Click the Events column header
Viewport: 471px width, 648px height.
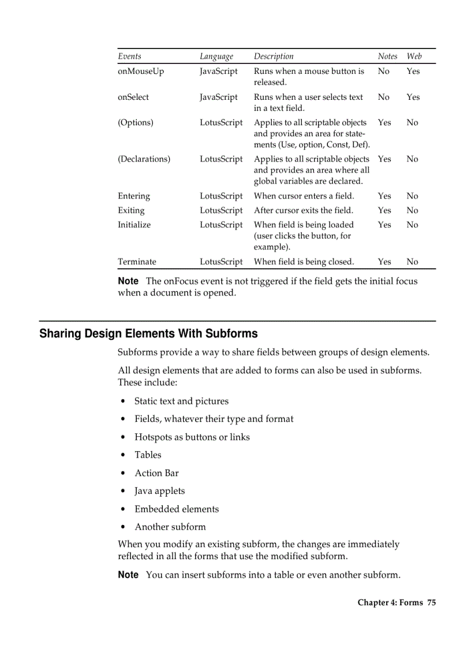click(129, 57)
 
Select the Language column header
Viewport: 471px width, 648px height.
click(216, 57)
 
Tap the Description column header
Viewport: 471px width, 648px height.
click(274, 57)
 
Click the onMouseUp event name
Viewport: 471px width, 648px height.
click(141, 72)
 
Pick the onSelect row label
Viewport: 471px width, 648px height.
click(133, 98)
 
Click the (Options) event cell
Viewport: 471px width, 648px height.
click(136, 123)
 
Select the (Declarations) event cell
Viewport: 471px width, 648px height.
click(144, 159)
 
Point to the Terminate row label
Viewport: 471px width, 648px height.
click(137, 262)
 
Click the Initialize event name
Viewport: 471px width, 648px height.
click(134, 225)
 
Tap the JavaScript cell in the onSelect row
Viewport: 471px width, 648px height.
click(219, 98)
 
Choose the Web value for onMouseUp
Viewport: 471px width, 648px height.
click(413, 72)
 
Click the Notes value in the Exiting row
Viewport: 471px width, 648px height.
click(384, 211)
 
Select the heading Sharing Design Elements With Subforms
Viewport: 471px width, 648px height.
click(148, 334)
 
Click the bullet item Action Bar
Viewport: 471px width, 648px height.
click(156, 473)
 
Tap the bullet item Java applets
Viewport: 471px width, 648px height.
click(160, 491)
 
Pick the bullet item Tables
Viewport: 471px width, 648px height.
click(148, 455)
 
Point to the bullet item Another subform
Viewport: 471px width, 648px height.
click(170, 527)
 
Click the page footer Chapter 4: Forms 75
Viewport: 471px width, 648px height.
click(397, 603)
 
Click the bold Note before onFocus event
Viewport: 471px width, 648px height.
click(128, 282)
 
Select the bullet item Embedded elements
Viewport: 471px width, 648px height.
click(177, 509)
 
